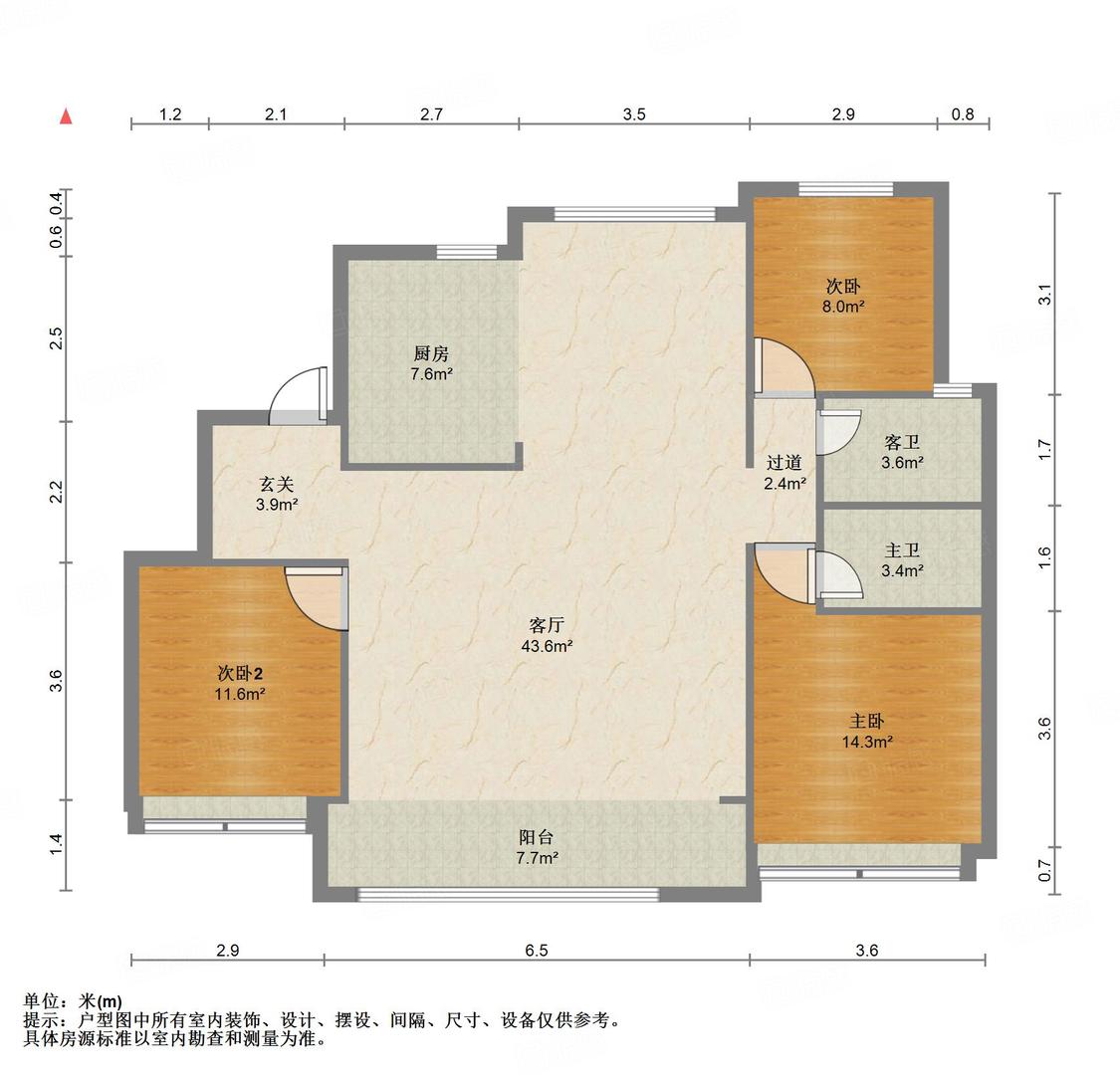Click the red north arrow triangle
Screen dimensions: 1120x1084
click(66, 115)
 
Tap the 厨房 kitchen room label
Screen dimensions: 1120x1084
click(431, 353)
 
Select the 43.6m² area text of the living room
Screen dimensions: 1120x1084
click(548, 646)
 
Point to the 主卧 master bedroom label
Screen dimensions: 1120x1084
click(866, 722)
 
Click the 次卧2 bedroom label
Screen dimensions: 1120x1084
click(240, 673)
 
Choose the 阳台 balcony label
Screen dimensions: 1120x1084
click(536, 837)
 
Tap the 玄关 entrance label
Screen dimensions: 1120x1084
click(277, 484)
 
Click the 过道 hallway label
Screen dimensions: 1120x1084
click(784, 463)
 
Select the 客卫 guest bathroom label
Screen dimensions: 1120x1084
click(901, 442)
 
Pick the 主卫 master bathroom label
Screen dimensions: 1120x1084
click(901, 550)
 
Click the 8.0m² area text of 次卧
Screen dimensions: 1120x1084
click(843, 307)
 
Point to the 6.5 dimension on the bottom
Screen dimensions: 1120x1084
click(537, 951)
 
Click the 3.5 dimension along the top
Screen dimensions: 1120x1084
click(633, 114)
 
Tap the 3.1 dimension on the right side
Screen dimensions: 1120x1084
click(1045, 295)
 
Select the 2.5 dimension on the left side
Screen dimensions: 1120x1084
click(57, 337)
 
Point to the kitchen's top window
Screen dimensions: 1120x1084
click(467, 252)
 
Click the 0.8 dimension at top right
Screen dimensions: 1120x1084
click(963, 114)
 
